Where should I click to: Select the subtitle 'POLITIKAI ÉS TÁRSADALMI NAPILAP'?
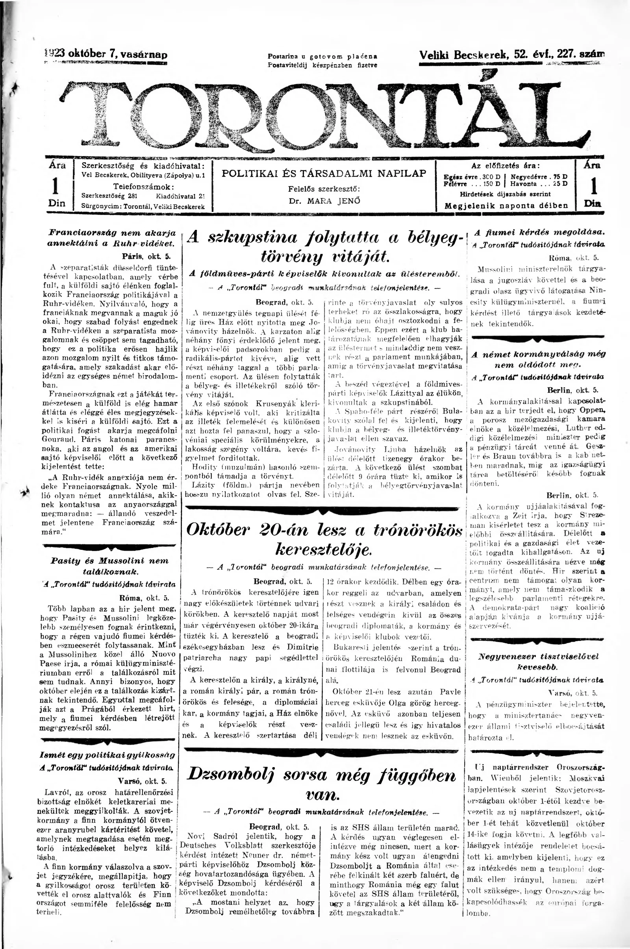click(324, 174)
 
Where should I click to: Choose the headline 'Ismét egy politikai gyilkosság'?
click(107, 755)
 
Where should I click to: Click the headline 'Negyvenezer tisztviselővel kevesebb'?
click(538, 661)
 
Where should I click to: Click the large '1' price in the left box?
click(57, 185)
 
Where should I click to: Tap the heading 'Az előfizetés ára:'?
click(506, 165)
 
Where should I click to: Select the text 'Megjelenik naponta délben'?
click(506, 205)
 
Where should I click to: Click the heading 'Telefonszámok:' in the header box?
click(143, 186)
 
